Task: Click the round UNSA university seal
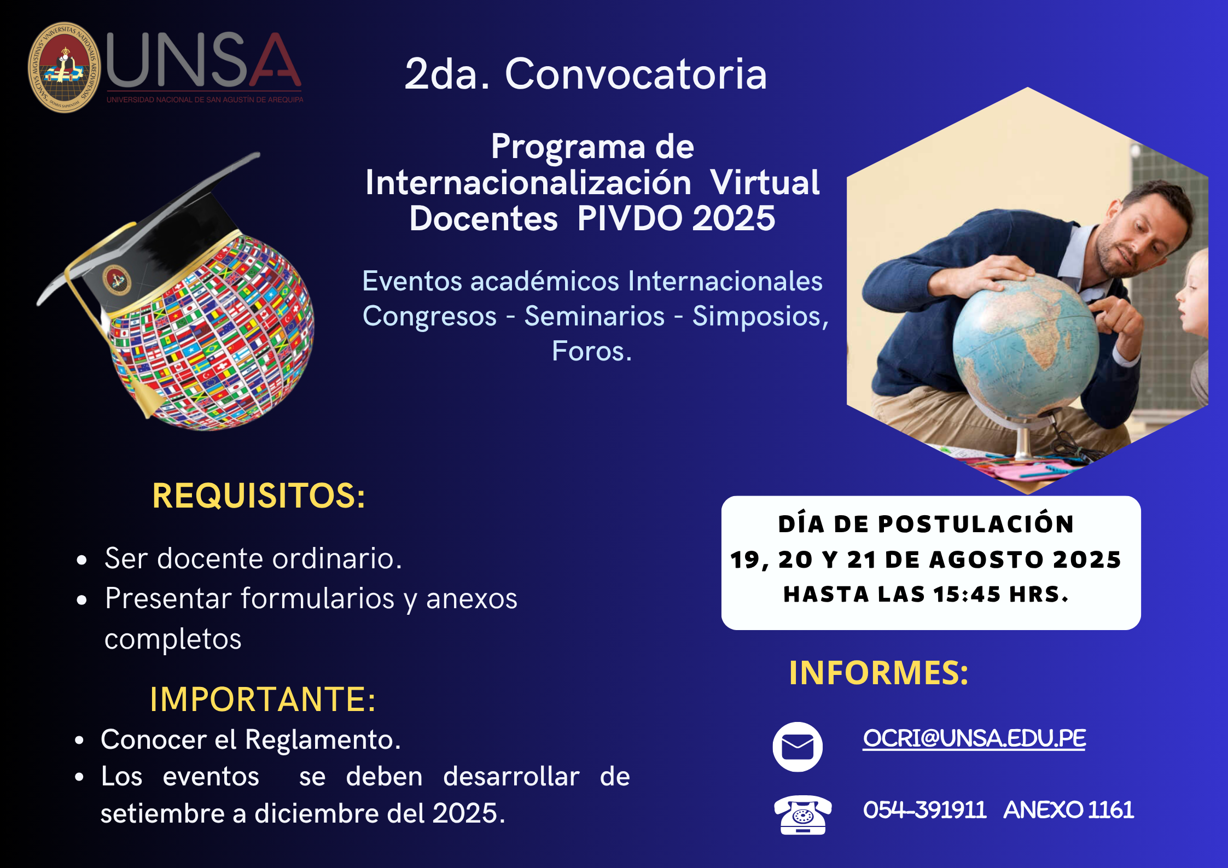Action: tap(65, 67)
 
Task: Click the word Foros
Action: tap(592, 351)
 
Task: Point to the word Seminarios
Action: tap(595, 316)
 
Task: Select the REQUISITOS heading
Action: tap(259, 496)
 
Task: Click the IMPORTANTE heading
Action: tap(263, 699)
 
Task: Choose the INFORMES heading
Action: tap(878, 672)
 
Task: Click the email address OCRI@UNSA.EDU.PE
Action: tap(974, 738)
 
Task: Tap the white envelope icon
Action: tap(798, 747)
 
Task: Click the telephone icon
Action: tap(803, 815)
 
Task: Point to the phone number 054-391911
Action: tap(924, 810)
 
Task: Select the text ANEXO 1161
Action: tap(1069, 810)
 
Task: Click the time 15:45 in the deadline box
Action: tap(967, 595)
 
